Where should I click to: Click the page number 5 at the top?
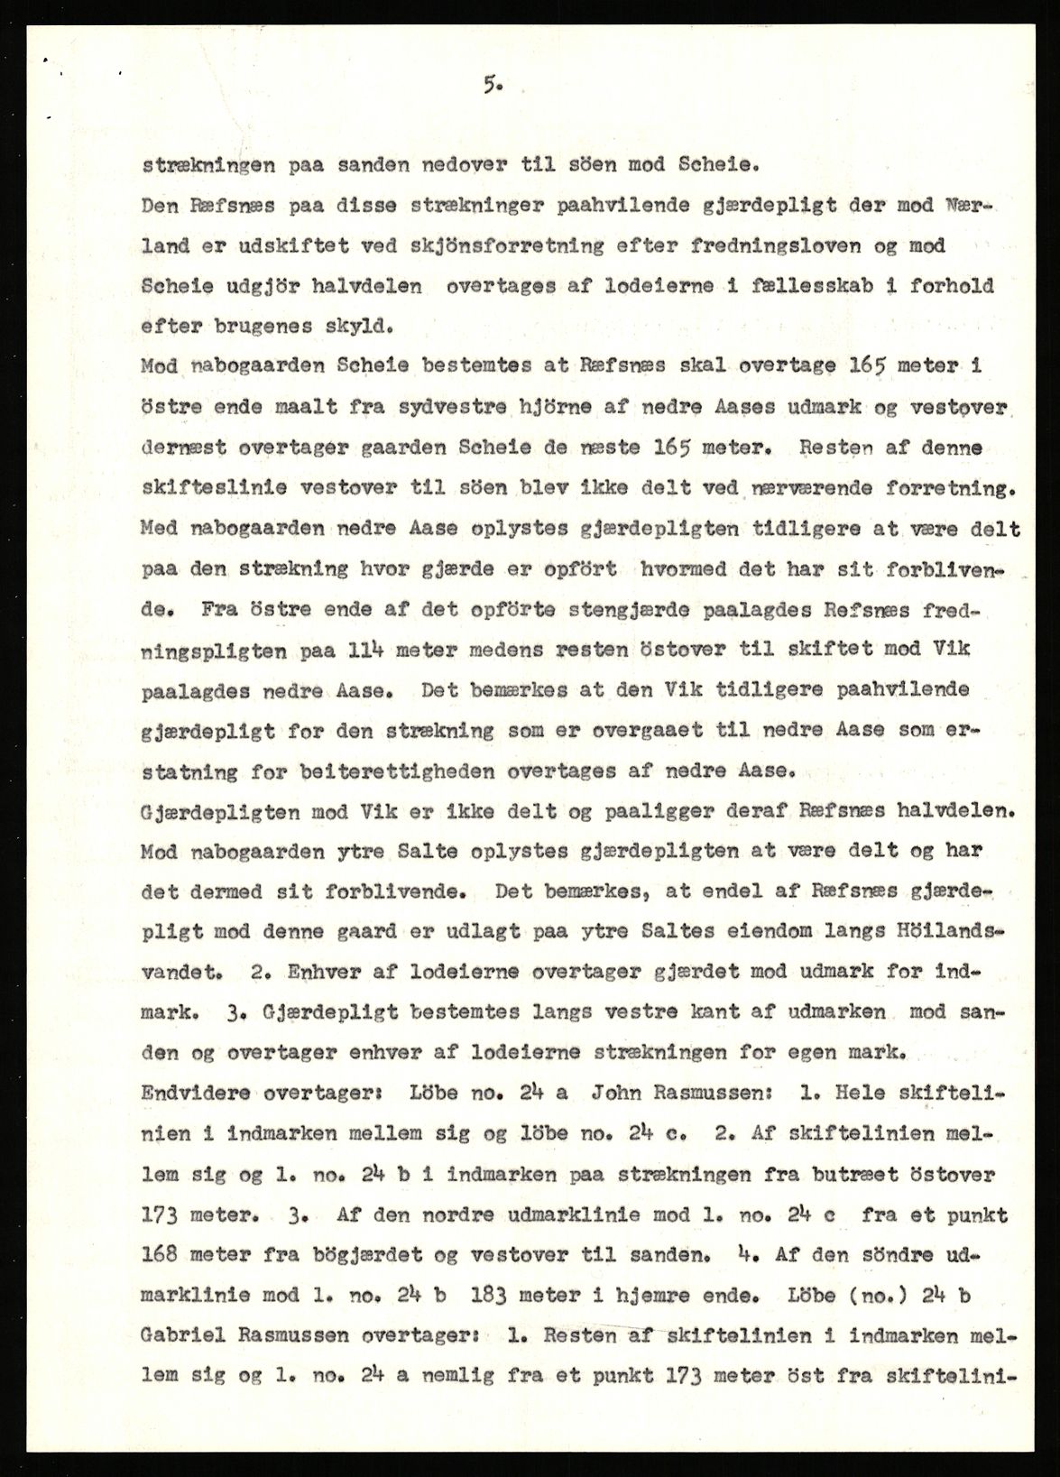(x=491, y=86)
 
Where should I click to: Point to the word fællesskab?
(x=786, y=286)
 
